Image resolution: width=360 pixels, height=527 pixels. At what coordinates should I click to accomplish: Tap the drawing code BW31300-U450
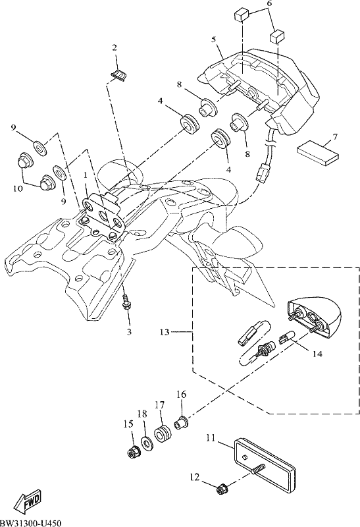pos(30,522)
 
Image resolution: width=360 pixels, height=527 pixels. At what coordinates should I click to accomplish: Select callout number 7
pos(335,137)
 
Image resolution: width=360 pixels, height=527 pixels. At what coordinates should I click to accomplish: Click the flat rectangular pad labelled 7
pos(318,153)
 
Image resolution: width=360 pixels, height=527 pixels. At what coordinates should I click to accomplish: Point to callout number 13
pos(165,332)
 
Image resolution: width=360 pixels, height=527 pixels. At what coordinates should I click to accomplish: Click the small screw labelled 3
pos(126,302)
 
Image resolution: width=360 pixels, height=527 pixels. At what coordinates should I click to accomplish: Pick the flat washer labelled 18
pos(147,443)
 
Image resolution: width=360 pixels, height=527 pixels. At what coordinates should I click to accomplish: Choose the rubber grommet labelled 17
pos(163,434)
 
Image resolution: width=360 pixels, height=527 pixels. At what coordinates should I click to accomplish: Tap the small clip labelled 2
pos(119,76)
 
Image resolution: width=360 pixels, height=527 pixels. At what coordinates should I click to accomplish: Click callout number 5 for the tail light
pos(214,40)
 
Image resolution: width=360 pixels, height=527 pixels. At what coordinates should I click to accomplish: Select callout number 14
pos(317,354)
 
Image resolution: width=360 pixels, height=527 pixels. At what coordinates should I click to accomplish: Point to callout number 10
pos(18,188)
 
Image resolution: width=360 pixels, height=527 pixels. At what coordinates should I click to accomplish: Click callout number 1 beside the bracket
pos(86,175)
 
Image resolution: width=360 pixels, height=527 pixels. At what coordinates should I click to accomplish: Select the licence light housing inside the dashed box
pos(314,315)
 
